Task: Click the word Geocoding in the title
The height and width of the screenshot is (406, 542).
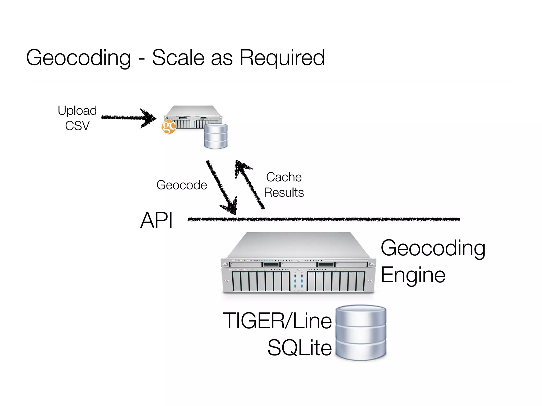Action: (x=78, y=58)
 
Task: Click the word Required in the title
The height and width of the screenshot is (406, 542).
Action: (x=282, y=58)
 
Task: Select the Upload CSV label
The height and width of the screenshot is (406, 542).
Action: (x=77, y=118)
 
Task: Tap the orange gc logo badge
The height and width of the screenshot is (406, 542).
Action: (x=169, y=127)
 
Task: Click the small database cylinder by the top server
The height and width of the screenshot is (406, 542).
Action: (x=216, y=136)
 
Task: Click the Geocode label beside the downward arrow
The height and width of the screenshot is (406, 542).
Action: (x=182, y=185)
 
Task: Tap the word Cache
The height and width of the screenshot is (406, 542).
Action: (x=284, y=177)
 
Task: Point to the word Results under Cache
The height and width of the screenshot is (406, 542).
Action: (x=284, y=192)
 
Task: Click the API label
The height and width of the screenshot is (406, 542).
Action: (x=156, y=220)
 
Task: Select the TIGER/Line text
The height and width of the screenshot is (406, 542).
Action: (x=277, y=321)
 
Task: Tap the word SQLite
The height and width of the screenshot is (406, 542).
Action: (x=299, y=348)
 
